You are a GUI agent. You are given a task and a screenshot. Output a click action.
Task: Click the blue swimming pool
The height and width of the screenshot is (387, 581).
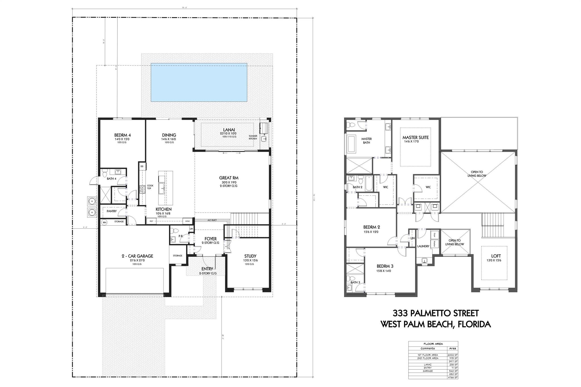[x=199, y=82]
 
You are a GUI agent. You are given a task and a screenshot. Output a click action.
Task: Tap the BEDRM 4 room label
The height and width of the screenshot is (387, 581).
[x=122, y=135]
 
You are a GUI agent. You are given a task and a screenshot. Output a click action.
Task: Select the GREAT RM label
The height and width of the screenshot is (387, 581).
[x=228, y=178]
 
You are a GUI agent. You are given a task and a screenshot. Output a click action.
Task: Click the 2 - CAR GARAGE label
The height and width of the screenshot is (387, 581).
[x=137, y=256]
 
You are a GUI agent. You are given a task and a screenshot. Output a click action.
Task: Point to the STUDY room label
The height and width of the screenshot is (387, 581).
[x=250, y=256]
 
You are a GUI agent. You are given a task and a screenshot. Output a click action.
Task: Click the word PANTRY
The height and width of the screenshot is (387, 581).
[x=111, y=211]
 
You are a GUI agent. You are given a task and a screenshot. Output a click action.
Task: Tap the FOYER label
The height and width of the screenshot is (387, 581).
[x=210, y=239]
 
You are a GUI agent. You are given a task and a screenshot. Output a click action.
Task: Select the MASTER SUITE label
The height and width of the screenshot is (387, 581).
[x=415, y=138]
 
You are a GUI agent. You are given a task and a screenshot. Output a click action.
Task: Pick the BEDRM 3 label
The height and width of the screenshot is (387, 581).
[x=385, y=266]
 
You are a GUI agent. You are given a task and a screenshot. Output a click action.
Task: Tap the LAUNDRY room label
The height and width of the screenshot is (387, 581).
[x=423, y=246]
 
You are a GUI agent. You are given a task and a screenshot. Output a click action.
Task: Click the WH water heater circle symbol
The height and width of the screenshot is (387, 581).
[x=104, y=222]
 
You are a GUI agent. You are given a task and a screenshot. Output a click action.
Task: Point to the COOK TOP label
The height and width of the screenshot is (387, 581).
[x=150, y=187]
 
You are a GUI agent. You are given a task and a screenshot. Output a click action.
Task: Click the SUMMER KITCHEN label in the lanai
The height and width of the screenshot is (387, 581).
[x=253, y=137]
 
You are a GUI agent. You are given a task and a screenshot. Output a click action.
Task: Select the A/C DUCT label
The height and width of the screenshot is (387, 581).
[x=212, y=220]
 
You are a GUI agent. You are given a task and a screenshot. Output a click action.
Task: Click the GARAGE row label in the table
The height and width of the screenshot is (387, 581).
[x=428, y=371]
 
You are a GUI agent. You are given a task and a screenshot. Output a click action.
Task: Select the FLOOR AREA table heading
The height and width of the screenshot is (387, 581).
[x=433, y=344]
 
